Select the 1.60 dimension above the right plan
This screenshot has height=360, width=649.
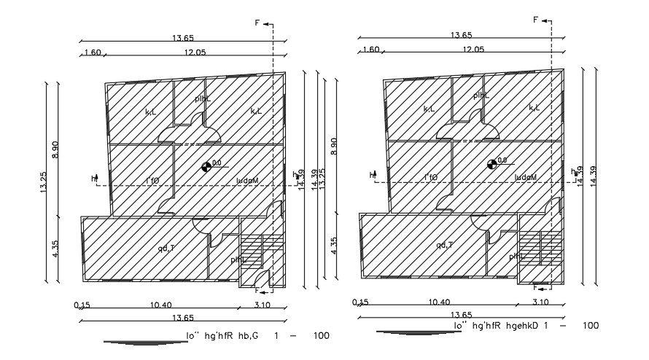coord(370,50)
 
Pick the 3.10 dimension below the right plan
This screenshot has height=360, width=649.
coord(540,302)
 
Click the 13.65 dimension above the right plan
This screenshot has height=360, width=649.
coord(462,35)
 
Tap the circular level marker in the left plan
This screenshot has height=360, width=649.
coord(206,167)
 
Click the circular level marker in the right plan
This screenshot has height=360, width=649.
coord(491,164)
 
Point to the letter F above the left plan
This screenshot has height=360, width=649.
coord(257,23)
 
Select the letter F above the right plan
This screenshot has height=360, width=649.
coord(536,20)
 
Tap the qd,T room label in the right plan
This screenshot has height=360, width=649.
coord(446,246)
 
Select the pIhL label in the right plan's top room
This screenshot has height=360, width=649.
coord(480,95)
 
